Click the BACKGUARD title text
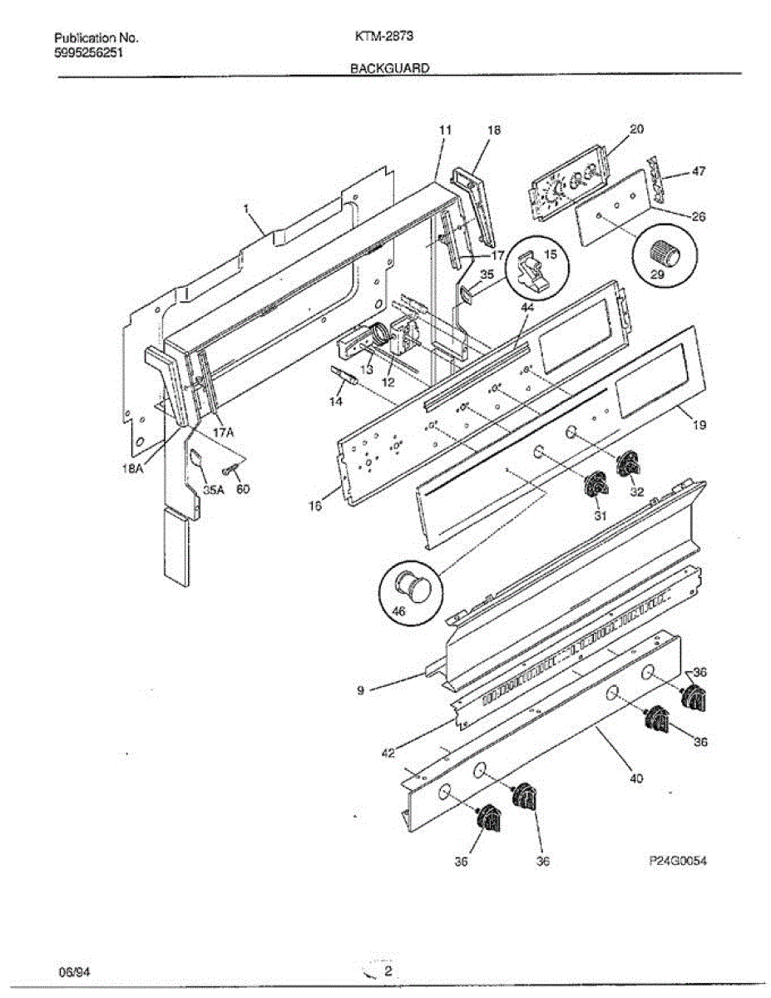click(x=389, y=70)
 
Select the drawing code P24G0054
click(x=678, y=861)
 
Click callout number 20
click(x=636, y=129)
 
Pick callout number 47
click(x=699, y=171)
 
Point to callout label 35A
click(x=214, y=490)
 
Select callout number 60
click(x=243, y=490)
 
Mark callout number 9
click(x=359, y=689)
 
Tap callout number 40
click(x=636, y=779)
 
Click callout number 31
click(x=600, y=516)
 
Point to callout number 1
click(x=247, y=213)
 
